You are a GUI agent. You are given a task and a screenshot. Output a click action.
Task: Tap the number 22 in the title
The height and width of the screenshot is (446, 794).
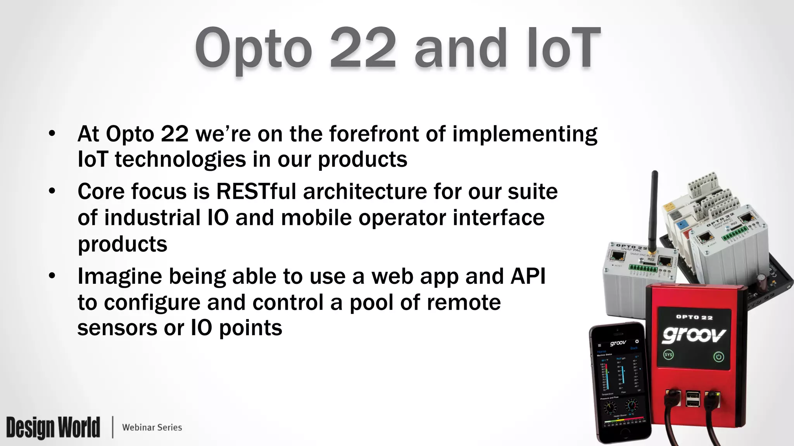[x=362, y=48]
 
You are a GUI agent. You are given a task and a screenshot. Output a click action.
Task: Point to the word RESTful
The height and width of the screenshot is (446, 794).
[x=256, y=192]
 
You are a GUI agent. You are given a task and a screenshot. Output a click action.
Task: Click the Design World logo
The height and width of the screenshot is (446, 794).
[x=53, y=427]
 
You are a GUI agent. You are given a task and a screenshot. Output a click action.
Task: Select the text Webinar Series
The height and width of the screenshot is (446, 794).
[x=152, y=427]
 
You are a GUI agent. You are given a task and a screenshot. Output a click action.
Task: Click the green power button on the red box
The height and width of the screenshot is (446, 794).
[x=718, y=357]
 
